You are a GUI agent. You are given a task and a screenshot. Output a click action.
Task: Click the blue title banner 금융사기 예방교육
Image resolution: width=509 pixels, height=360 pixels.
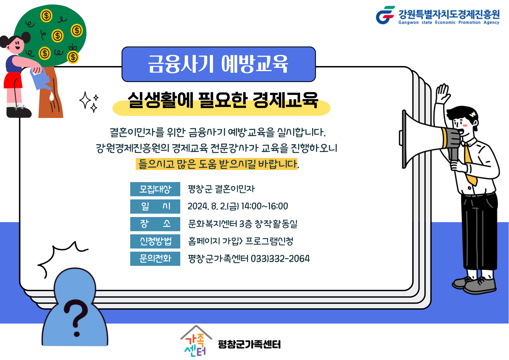[219, 64]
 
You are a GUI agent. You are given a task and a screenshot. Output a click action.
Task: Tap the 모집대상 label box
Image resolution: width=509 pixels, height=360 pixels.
[155, 189]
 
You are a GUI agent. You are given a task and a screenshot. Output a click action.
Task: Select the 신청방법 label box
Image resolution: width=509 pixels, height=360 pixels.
[155, 241]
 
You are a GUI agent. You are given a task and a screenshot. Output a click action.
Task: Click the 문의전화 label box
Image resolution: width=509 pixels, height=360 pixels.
[155, 258]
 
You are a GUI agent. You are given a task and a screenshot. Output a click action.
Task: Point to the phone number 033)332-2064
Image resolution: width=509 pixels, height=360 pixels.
[280, 259]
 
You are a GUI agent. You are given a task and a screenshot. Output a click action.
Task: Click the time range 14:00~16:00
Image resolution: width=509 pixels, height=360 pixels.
[265, 206]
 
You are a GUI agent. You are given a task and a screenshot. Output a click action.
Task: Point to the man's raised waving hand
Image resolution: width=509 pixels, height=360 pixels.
[442, 93]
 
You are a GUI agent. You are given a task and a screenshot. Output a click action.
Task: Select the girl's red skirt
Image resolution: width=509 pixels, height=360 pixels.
[13, 80]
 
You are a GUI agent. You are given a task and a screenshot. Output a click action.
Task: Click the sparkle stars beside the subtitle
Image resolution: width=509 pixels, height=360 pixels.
[89, 102]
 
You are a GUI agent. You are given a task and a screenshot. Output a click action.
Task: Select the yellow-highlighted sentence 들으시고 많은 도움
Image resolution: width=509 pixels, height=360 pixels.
[216, 164]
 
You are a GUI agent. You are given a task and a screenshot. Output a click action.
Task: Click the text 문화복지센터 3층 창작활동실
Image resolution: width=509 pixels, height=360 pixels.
[243, 224]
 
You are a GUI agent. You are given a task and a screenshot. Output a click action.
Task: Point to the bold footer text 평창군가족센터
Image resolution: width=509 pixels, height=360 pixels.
[249, 344]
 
